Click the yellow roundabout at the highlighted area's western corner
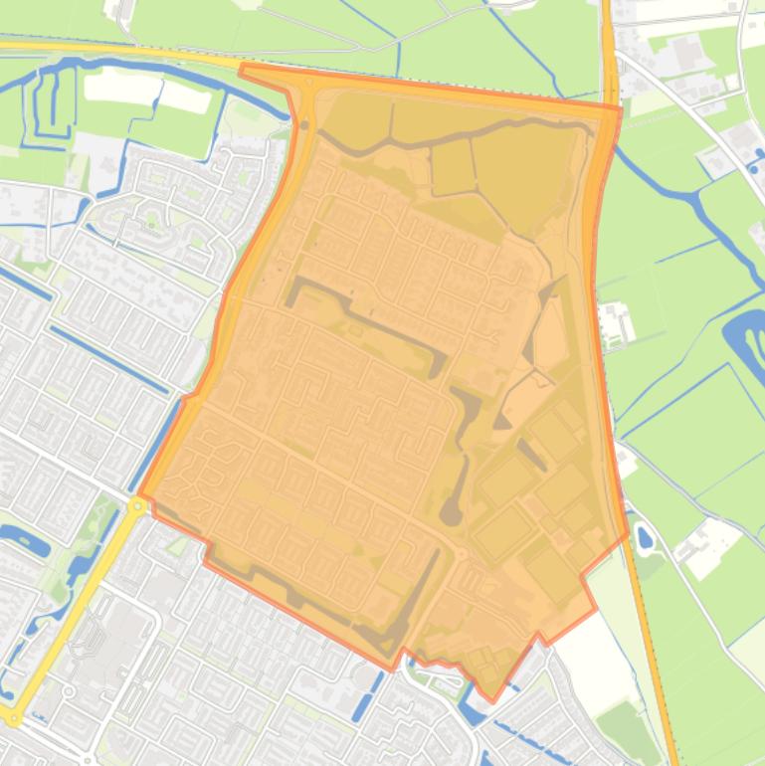137,505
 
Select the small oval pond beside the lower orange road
644,539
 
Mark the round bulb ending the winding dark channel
451,513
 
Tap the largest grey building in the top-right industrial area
685,55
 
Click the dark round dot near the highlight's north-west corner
304,125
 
